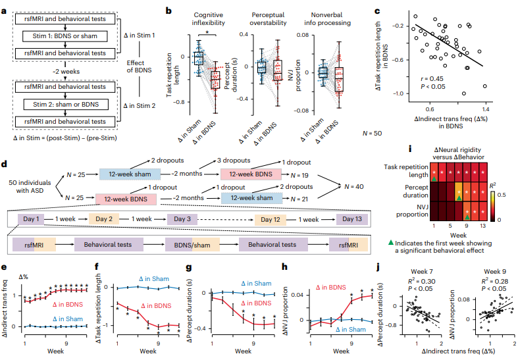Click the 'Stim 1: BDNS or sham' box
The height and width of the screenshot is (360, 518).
pyautogui.click(x=65, y=36)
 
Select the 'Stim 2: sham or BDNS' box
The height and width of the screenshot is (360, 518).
pyautogui.click(x=66, y=105)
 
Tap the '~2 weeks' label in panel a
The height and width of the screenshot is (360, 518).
pyautogui.click(x=66, y=71)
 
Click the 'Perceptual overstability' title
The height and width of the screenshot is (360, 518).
pyautogui.click(x=268, y=19)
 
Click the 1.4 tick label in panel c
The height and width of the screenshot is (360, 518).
pyautogui.click(x=485, y=109)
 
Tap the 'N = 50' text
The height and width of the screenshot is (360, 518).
pyautogui.click(x=372, y=133)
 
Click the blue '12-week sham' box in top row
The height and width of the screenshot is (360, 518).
pyautogui.click(x=130, y=174)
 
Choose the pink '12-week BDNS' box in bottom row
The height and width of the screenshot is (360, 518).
pyautogui.click(x=126, y=199)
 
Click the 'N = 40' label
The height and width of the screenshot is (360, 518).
pyautogui.click(x=354, y=187)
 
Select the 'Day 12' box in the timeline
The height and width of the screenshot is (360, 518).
pyautogui.click(x=271, y=220)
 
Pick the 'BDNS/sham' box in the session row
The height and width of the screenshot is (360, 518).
pyautogui.click(x=192, y=245)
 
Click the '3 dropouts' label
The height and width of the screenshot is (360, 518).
pyautogui.click(x=234, y=161)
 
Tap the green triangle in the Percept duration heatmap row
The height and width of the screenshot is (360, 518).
pyautogui.click(x=459, y=198)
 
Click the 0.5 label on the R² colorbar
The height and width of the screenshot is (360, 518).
pyautogui.click(x=502, y=195)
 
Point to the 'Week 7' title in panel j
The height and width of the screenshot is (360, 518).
pyautogui.click(x=421, y=272)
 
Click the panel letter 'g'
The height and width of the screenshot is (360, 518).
pyautogui.click(x=189, y=267)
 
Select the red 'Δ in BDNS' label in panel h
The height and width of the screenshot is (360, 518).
pyautogui.click(x=330, y=288)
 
